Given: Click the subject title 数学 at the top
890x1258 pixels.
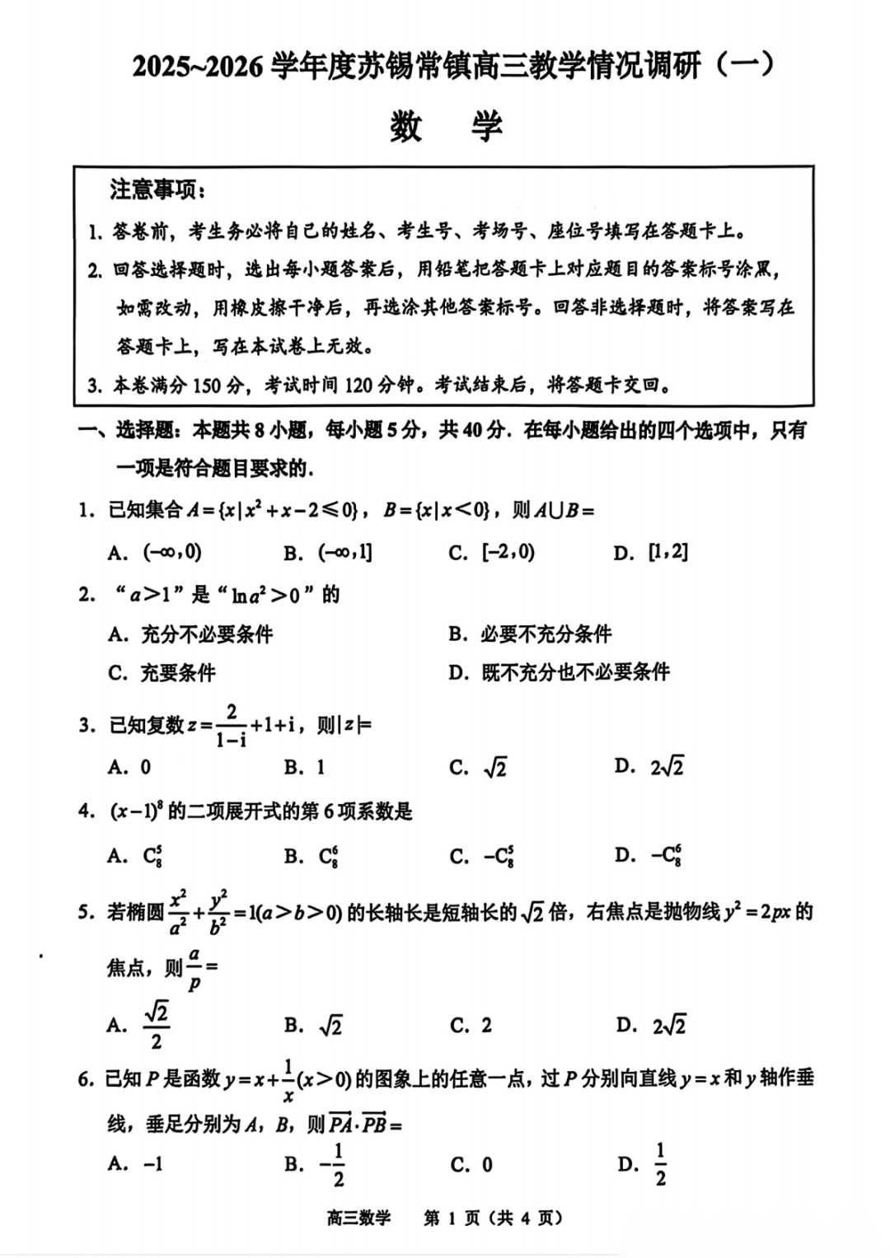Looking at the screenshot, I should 446,126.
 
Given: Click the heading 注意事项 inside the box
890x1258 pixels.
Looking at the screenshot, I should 157,190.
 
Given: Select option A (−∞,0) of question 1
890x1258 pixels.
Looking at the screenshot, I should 156,553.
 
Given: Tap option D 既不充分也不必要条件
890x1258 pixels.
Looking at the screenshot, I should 560,672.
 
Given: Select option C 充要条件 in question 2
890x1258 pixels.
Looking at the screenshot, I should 162,672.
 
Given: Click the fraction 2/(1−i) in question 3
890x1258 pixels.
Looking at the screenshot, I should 231,726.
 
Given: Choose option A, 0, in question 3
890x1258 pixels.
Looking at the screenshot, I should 130,768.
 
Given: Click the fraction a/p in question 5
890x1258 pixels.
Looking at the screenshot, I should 194,968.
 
